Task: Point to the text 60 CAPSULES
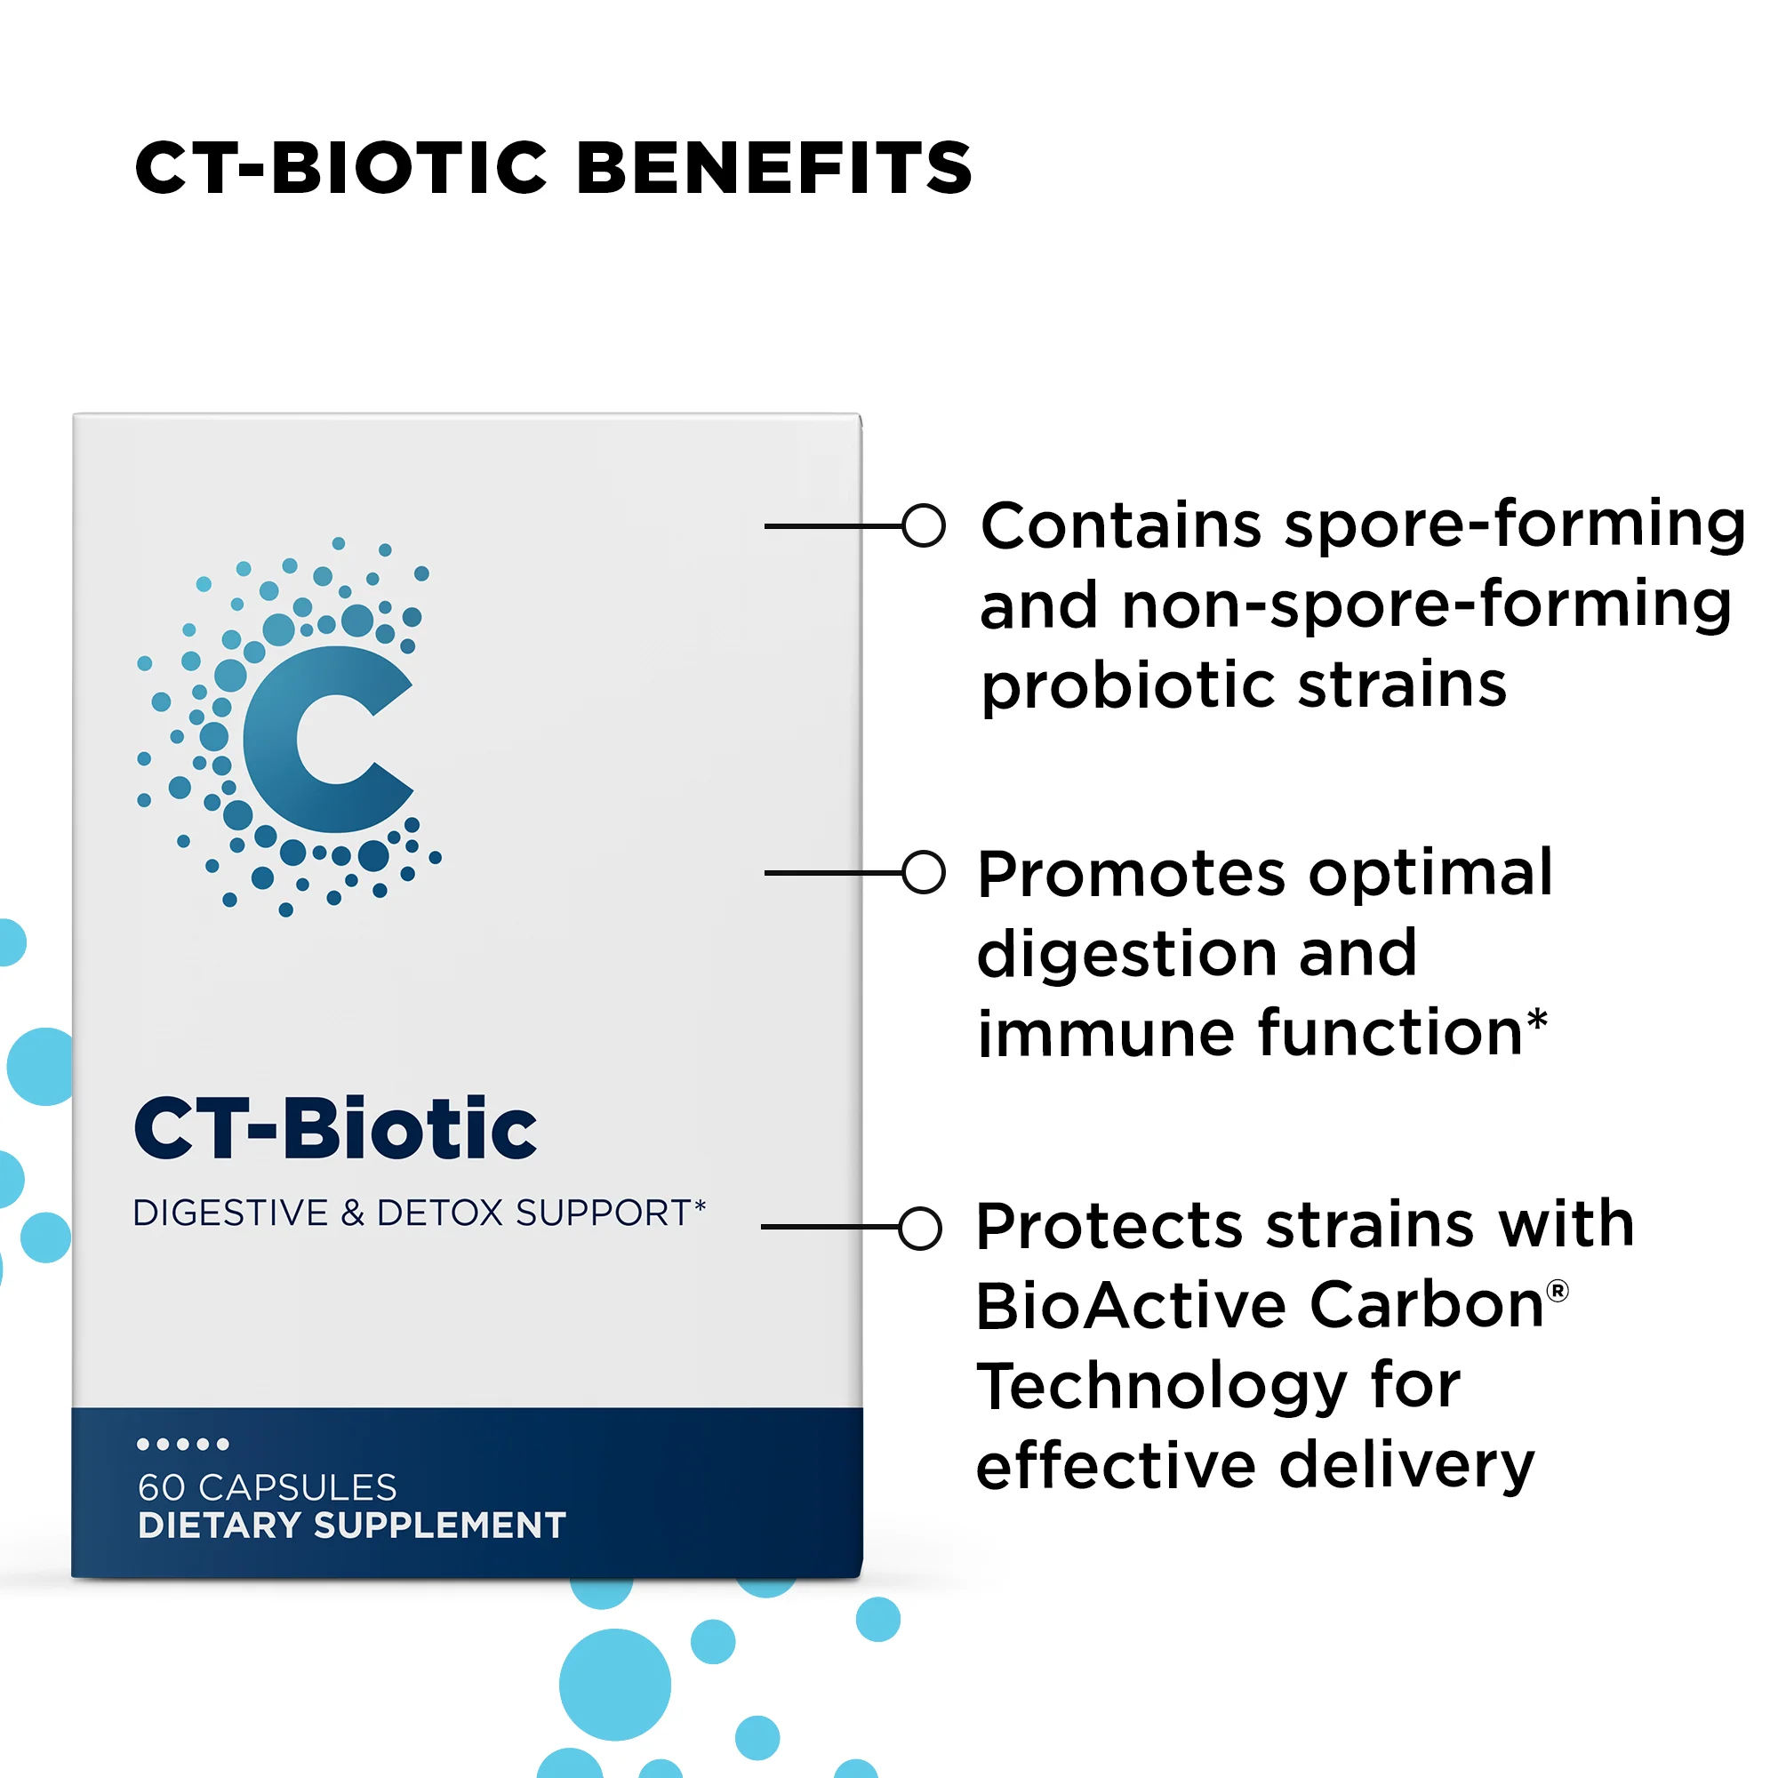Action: click(267, 1487)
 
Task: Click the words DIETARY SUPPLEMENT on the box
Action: click(351, 1526)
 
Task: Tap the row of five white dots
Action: click(182, 1444)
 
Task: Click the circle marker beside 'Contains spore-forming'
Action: click(923, 525)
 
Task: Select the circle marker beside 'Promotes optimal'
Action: click(923, 872)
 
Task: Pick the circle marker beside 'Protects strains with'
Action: click(920, 1228)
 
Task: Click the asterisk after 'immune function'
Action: click(1537, 1020)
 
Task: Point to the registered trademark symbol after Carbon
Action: click(1558, 1291)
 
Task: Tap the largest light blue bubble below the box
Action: click(615, 1684)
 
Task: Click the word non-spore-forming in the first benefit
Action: click(1427, 605)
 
